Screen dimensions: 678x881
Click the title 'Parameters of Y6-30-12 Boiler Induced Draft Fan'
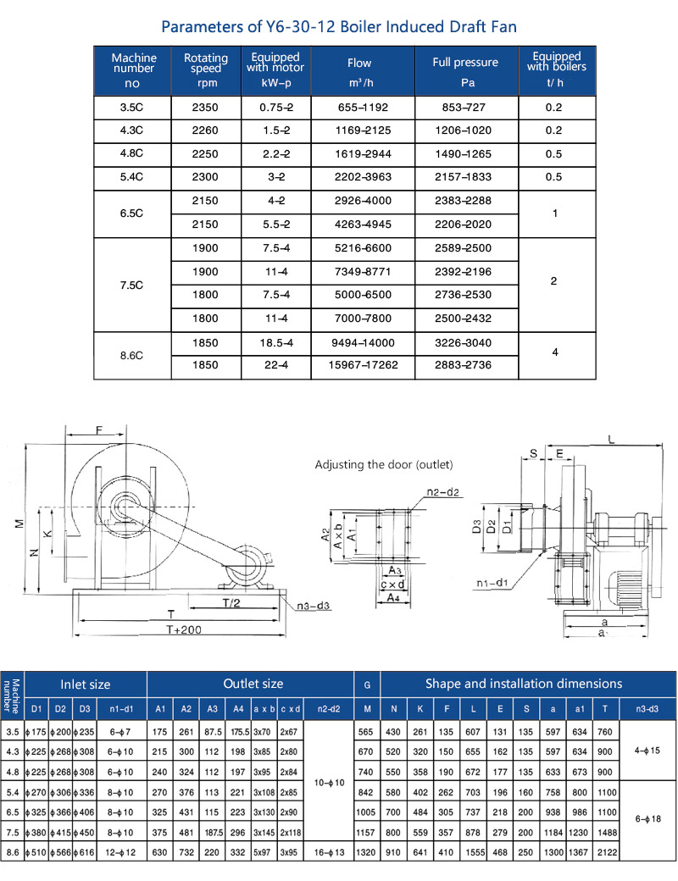(x=338, y=26)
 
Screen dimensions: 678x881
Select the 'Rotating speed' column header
(x=206, y=63)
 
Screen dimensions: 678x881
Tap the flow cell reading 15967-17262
(x=364, y=364)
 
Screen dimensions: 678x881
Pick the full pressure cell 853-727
(x=464, y=108)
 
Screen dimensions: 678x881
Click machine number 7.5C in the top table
(x=131, y=285)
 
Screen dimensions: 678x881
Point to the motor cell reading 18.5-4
(x=276, y=343)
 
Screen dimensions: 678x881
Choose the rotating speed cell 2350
(x=205, y=108)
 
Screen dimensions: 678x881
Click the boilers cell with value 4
(x=555, y=352)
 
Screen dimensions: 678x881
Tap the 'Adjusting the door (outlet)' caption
(x=384, y=465)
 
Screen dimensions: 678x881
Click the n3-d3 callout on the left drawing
(x=313, y=606)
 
